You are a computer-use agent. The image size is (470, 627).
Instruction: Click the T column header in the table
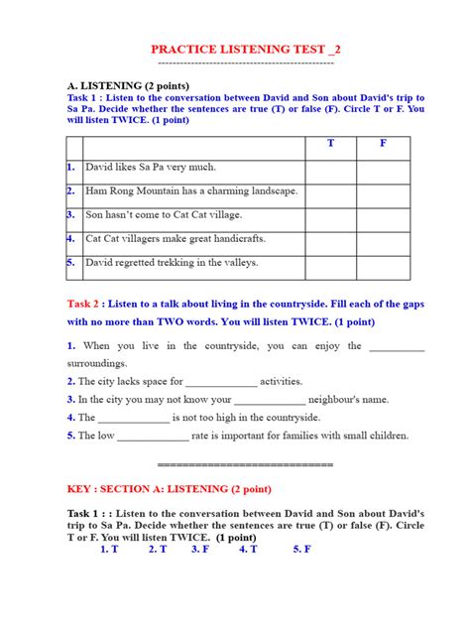pos(331,144)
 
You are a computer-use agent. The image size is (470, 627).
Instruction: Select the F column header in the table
pos(383,144)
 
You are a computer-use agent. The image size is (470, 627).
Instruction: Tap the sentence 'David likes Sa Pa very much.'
pos(151,168)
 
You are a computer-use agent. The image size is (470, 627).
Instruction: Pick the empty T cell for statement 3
pos(331,215)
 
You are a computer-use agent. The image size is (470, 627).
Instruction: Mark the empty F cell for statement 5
pos(383,263)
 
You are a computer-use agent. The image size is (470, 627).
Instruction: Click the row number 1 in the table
pos(71,168)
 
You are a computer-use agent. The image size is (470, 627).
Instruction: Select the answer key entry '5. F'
pos(302,549)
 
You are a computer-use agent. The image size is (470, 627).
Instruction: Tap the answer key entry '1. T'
pos(110,549)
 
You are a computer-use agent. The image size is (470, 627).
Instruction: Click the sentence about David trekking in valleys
pos(172,263)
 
